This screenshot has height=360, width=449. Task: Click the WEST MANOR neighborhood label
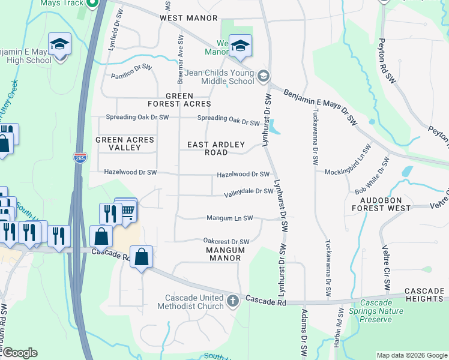(x=188, y=18)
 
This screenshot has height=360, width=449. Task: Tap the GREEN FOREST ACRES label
(x=179, y=100)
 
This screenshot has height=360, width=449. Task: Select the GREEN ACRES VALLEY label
(x=125, y=144)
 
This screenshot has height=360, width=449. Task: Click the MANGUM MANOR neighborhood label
(x=225, y=254)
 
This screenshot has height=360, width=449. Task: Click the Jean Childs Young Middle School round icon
(x=264, y=76)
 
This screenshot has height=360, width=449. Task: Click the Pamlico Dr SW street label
(x=131, y=76)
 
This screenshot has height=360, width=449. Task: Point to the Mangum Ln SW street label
(x=229, y=218)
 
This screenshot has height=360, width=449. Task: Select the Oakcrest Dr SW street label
(x=226, y=241)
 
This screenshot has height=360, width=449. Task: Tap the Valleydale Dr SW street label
(x=249, y=193)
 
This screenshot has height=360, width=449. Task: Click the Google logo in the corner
(x=19, y=353)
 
